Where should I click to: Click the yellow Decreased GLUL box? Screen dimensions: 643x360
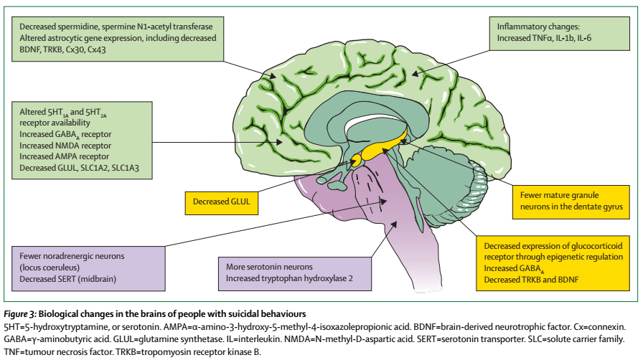pos(222,203)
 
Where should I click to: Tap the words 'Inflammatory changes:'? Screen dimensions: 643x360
pos(538,27)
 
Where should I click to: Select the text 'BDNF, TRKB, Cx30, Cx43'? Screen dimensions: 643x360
pos(62,49)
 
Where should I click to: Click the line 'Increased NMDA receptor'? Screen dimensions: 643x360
pos(65,146)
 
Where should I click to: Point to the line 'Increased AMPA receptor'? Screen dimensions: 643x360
pos(65,156)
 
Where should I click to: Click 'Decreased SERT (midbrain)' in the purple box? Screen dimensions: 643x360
pos(67,279)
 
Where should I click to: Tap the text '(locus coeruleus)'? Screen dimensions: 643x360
pos(50,267)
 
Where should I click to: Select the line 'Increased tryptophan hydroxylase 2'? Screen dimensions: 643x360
pos(289,278)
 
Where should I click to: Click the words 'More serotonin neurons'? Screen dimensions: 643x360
pos(269,267)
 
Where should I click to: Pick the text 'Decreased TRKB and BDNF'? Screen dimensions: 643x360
pos(531,280)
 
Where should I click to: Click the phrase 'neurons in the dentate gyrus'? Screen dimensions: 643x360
pos(572,207)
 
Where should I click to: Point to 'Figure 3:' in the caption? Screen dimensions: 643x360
pos(20,314)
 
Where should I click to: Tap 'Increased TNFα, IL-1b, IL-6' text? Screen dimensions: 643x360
pos(544,38)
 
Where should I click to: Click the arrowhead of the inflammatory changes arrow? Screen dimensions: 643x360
pos(415,74)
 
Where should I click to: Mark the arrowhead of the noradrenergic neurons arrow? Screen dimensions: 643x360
pos(383,201)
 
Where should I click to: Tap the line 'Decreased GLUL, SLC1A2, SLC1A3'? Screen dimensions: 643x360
pos(79,168)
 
